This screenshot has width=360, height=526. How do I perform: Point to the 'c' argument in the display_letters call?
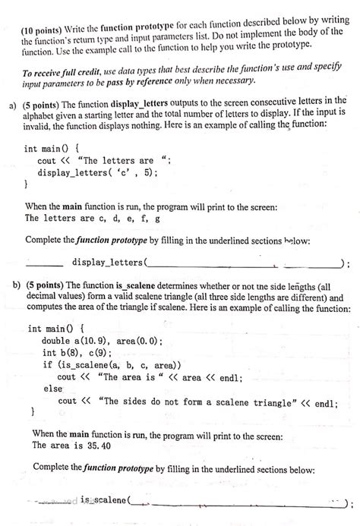(126, 173)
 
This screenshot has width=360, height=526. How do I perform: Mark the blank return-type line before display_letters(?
(44, 263)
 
